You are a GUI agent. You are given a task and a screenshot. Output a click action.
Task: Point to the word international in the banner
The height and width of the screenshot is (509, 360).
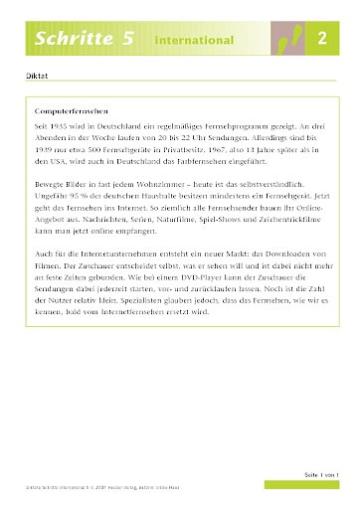(x=194, y=40)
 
